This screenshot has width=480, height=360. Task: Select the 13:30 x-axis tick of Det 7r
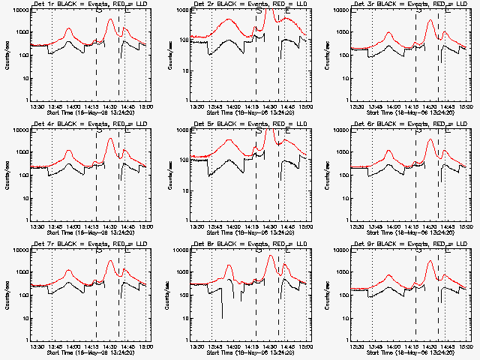click(x=36, y=346)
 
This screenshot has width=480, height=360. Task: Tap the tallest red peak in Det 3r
click(x=430, y=20)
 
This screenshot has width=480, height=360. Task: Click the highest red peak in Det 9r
click(x=430, y=261)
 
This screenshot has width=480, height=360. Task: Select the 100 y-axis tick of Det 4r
click(x=22, y=175)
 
